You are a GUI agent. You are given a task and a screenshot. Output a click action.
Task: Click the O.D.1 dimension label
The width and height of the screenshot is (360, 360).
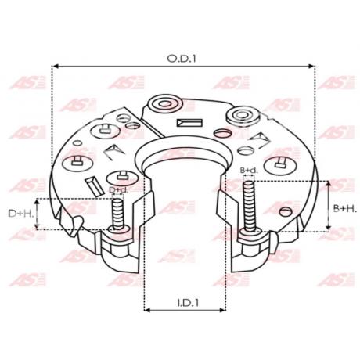coord(182,59)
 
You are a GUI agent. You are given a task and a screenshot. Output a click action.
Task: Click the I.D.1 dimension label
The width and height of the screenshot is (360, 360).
coord(188,303)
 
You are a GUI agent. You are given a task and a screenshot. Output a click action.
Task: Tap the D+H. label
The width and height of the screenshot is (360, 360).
coord(21,214)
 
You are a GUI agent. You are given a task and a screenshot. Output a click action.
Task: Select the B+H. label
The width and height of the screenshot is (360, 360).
coord(344,208)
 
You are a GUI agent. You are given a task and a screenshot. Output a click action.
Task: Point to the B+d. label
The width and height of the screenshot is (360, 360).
coord(249,171)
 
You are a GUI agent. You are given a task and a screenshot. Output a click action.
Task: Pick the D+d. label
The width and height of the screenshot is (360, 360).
coord(119,189)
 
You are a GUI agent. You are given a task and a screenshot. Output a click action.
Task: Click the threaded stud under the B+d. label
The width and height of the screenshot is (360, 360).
coord(250,207)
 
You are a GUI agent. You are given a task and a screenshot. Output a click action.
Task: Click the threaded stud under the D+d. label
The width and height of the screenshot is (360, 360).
coord(118,214)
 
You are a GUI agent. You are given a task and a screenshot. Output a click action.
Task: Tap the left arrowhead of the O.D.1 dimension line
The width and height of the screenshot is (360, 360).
coord(55,67)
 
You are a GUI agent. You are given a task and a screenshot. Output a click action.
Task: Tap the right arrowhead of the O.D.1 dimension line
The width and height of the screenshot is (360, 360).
coord(312,67)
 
